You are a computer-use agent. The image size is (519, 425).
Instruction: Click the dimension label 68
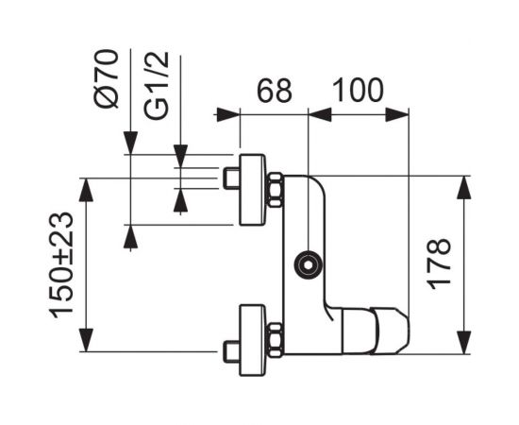(275, 91)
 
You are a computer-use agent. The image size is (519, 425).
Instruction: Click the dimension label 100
(358, 90)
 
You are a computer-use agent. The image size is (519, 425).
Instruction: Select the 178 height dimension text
(439, 264)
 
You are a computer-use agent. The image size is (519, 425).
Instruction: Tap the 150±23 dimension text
(61, 265)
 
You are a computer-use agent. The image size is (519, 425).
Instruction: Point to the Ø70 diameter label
(106, 78)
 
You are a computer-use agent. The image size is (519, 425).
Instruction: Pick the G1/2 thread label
(157, 85)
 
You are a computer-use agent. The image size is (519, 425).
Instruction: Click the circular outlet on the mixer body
(309, 265)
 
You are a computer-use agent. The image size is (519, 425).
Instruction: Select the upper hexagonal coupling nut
(276, 190)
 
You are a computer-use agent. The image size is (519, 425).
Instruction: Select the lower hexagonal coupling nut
(276, 340)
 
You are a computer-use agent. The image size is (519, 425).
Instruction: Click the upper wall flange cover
(253, 190)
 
